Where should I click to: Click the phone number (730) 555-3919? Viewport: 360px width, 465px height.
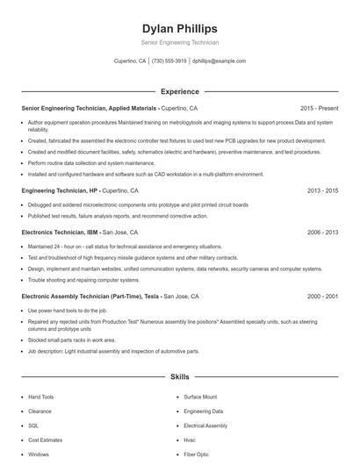pyautogui.click(x=169, y=61)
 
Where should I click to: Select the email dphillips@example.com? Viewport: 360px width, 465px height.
pyautogui.click(x=219, y=61)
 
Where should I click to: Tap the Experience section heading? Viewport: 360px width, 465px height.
pyautogui.click(x=179, y=91)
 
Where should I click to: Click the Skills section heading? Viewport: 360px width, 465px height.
pyautogui.click(x=179, y=377)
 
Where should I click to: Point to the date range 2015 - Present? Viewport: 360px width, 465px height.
pyautogui.click(x=319, y=108)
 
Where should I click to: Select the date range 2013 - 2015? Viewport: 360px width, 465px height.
pyautogui.click(x=322, y=190)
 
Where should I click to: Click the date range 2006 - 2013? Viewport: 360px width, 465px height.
pyautogui.click(x=322, y=232)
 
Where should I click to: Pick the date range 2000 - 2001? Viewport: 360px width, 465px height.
pyautogui.click(x=322, y=297)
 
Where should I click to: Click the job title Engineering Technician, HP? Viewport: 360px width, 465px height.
pyautogui.click(x=58, y=190)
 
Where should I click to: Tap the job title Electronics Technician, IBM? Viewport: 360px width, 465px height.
pyautogui.click(x=60, y=232)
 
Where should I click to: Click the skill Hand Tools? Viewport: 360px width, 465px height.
pyautogui.click(x=41, y=397)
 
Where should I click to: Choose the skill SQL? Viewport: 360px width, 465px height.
pyautogui.click(x=33, y=426)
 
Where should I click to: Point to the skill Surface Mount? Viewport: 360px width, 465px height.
pyautogui.click(x=200, y=397)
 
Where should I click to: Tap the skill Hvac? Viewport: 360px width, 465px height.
pyautogui.click(x=190, y=440)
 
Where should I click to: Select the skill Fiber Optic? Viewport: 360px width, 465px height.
pyautogui.click(x=196, y=454)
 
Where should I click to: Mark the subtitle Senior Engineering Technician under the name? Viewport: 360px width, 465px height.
pyautogui.click(x=179, y=42)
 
